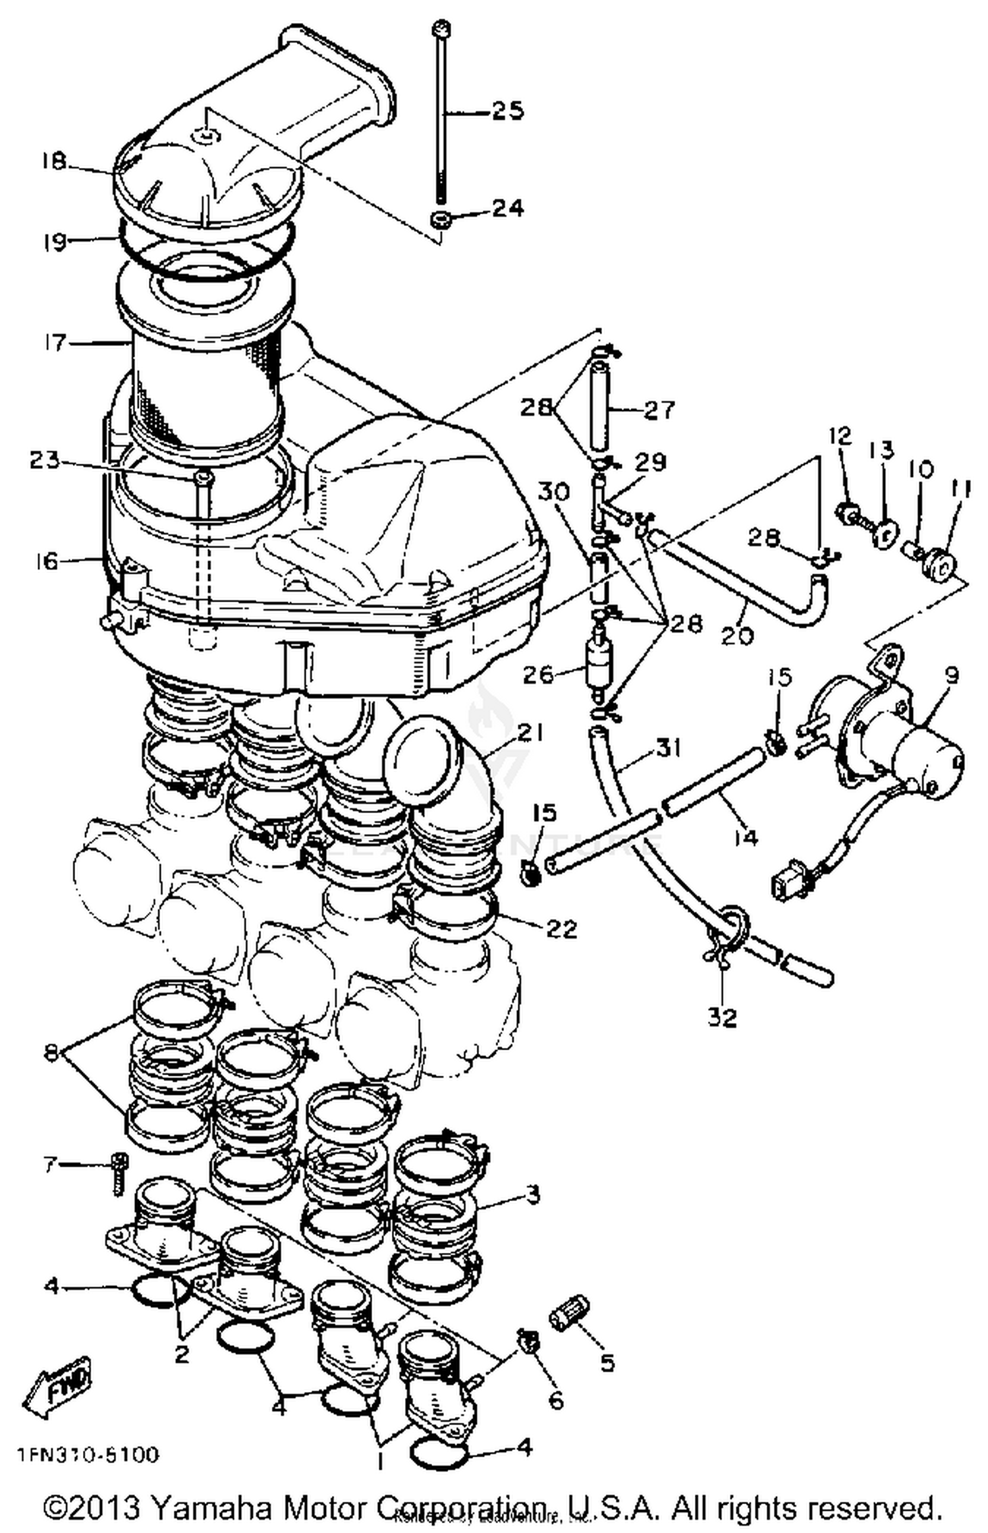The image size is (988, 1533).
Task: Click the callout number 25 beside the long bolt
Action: [x=508, y=111]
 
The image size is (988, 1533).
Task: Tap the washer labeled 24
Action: [x=439, y=218]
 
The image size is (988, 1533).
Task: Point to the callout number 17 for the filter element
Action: [x=55, y=342]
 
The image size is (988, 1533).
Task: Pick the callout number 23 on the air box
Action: [x=44, y=460]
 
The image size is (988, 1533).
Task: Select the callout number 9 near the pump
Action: [x=951, y=675]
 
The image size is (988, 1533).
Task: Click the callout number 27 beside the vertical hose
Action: [x=659, y=410]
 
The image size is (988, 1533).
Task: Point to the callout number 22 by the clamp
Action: [x=561, y=930]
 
